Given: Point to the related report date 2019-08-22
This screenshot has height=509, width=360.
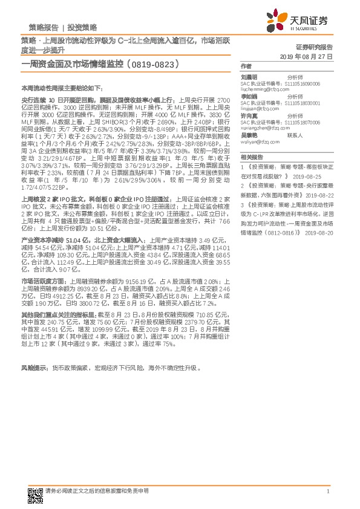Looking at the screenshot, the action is pyautogui.click(x=318, y=195).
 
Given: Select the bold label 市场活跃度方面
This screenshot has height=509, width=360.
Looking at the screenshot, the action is pyautogui.click(x=42, y=282).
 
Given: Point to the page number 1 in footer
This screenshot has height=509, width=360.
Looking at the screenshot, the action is pyautogui.click(x=327, y=492).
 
